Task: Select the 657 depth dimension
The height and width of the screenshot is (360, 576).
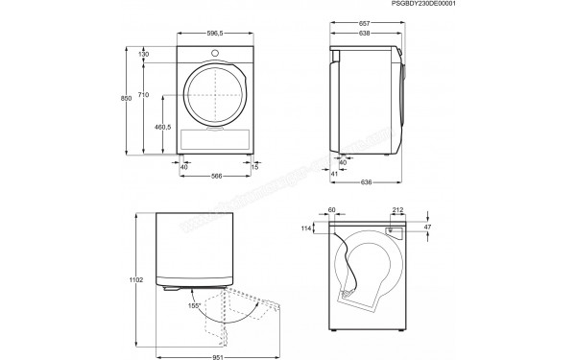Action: pyautogui.click(x=365, y=21)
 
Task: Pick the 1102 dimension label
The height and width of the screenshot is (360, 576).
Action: pyautogui.click(x=136, y=279)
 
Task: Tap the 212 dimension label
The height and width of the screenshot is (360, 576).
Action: pyautogui.click(x=397, y=210)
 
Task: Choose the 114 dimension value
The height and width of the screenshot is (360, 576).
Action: pyautogui.click(x=307, y=229)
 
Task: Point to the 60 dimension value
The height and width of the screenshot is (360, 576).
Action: pyautogui.click(x=332, y=210)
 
